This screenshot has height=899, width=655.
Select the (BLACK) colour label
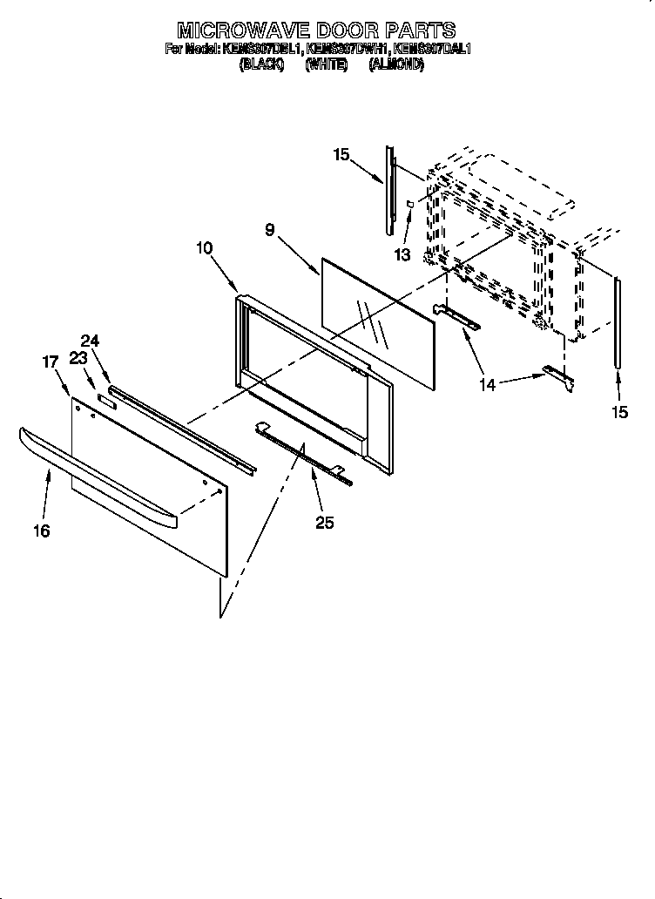261,64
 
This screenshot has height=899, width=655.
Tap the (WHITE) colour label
327,64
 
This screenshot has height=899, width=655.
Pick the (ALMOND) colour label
396,64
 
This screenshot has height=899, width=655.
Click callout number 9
270,230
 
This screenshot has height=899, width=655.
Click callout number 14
487,384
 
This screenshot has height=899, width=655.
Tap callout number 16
42,531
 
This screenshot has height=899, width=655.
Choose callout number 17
50,361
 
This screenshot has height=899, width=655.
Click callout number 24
91,341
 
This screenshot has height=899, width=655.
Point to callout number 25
325,523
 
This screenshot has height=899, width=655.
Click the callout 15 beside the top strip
341,155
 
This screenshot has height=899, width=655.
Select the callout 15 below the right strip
619,413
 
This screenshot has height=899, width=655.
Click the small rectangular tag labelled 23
106,400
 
